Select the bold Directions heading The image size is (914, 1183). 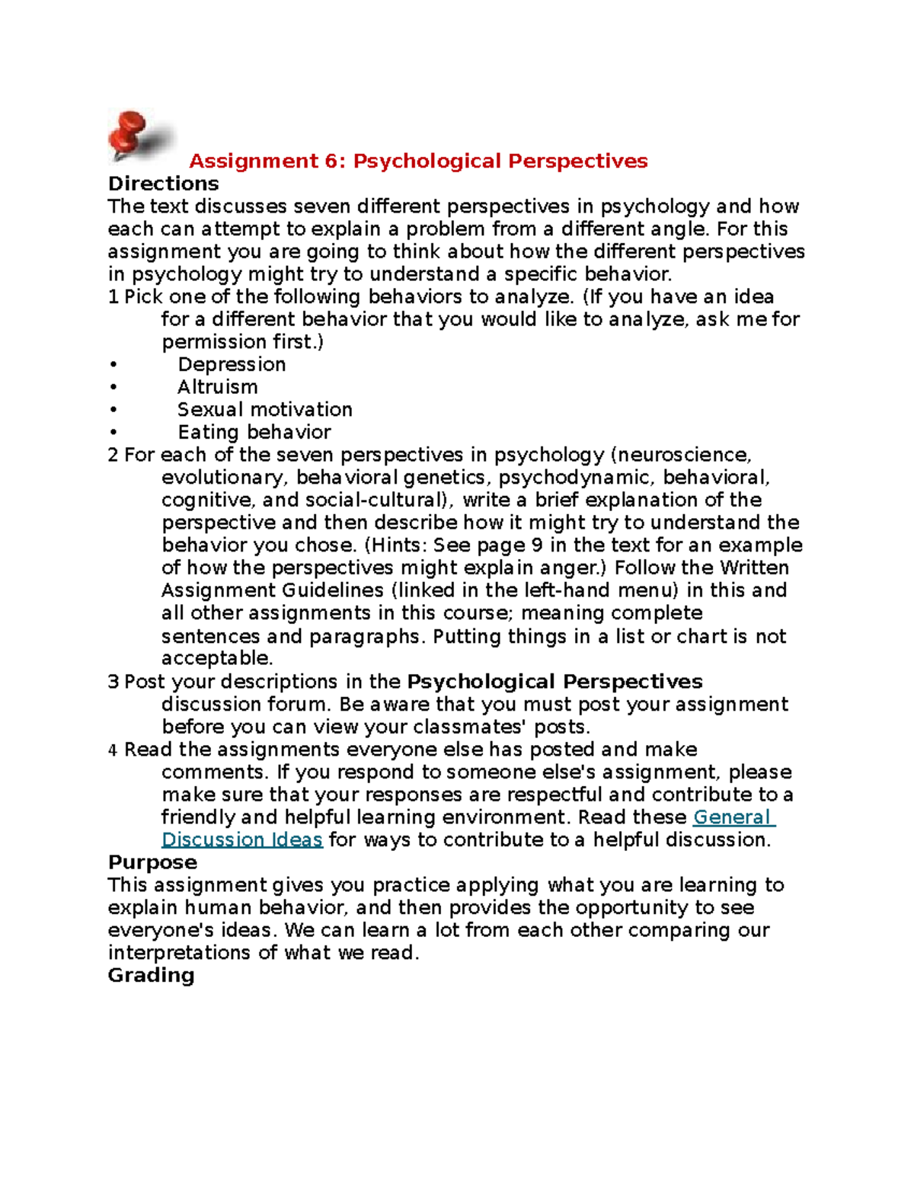tap(163, 184)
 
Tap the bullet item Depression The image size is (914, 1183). tap(232, 364)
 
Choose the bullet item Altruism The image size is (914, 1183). tap(218, 387)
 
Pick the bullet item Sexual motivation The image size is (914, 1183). tap(265, 410)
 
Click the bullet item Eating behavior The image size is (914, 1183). tap(254, 433)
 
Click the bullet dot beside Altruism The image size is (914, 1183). tap(113, 387)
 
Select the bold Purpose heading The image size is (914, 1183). tap(152, 862)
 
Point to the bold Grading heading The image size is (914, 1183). tap(151, 975)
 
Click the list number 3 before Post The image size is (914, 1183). tap(113, 682)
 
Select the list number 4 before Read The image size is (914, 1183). tap(113, 750)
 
